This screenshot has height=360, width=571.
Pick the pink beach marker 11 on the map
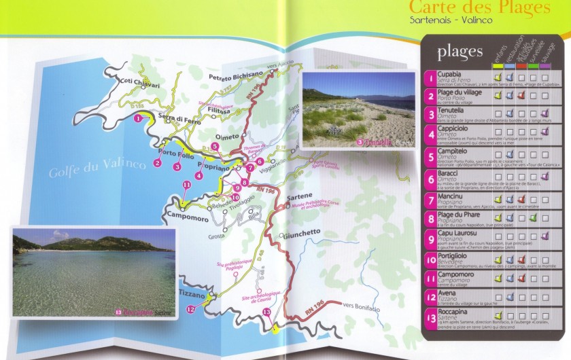click(186, 185)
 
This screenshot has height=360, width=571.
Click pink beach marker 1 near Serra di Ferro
click(139, 118)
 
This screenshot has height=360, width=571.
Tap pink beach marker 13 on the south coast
click(267, 312)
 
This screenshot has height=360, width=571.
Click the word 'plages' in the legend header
click(460, 51)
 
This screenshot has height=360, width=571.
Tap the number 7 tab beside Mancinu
click(430, 201)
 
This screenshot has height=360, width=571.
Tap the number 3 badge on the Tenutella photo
click(361, 143)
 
